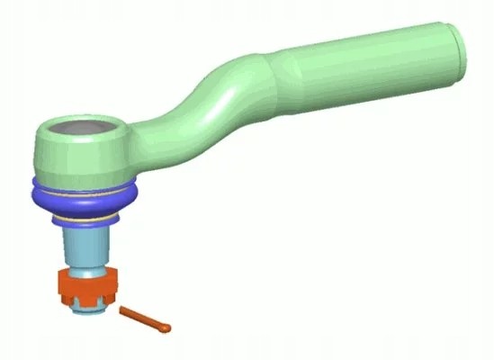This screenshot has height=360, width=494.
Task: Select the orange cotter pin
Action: tap(145, 318)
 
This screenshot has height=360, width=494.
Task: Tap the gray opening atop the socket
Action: tap(81, 130)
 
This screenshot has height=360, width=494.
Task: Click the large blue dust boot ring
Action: tap(85, 195)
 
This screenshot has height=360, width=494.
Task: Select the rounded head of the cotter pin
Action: tap(166, 327)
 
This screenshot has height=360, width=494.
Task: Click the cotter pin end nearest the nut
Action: tap(123, 310)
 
